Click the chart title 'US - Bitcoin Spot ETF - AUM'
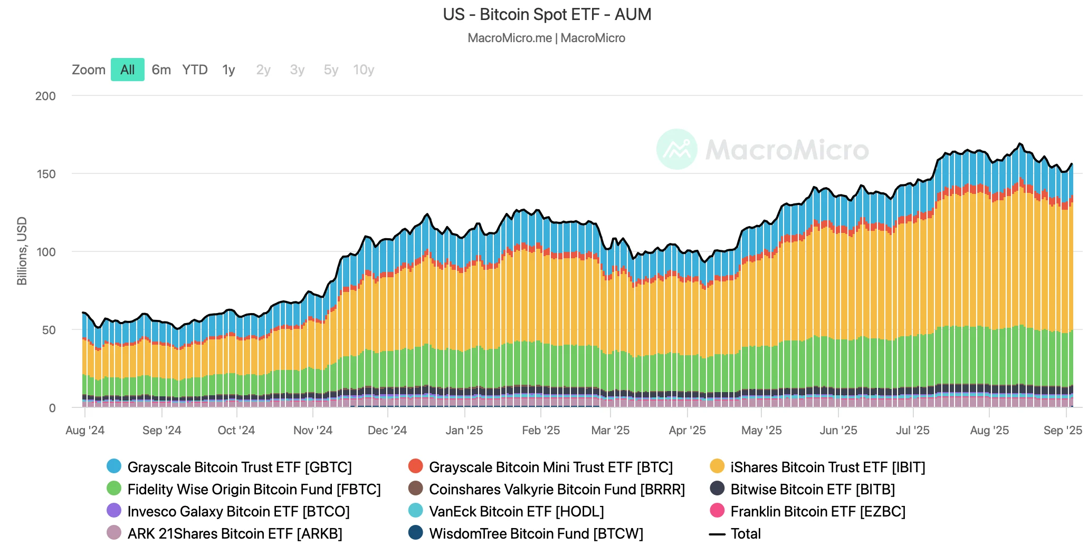point(547,15)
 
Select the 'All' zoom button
point(128,70)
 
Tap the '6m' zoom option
point(161,70)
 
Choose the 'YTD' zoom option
point(195,70)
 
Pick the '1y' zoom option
point(228,70)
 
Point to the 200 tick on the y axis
point(45,96)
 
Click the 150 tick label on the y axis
point(46,174)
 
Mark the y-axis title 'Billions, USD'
point(22,251)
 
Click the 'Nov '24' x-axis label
point(313,430)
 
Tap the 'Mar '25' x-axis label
point(610,430)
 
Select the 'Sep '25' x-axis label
point(1063,430)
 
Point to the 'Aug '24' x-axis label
point(85,430)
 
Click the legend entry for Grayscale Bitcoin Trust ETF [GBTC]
point(239,467)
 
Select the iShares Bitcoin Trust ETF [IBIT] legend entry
point(827,467)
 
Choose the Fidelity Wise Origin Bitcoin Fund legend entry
point(254,489)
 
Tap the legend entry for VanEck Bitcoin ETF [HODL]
point(516,511)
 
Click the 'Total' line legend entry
point(745,533)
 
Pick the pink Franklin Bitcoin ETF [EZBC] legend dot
point(717,511)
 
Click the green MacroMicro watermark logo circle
point(677,149)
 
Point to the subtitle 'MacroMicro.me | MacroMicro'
point(546,38)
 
